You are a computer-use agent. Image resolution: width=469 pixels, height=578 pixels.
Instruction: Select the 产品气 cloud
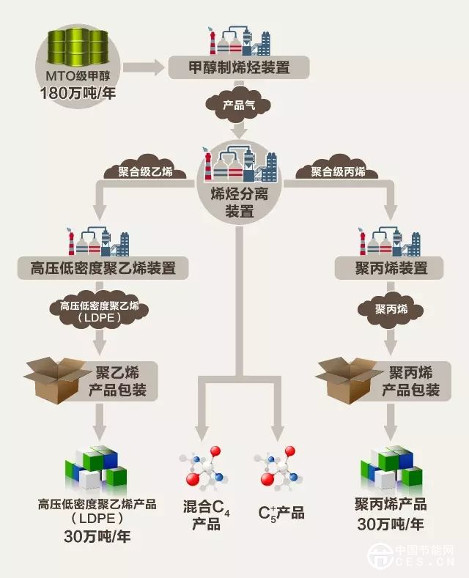point(239,104)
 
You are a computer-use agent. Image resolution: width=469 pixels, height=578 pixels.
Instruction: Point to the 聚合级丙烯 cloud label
point(338,173)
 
